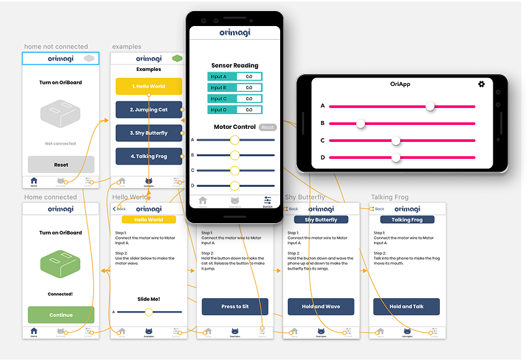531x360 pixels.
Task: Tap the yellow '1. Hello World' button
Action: pyautogui.click(x=149, y=87)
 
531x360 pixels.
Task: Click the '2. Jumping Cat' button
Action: pyautogui.click(x=149, y=110)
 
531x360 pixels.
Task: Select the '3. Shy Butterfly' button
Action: pyautogui.click(x=149, y=133)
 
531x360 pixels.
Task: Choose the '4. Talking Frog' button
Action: pyautogui.click(x=149, y=156)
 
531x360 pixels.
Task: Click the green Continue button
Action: pyautogui.click(x=61, y=315)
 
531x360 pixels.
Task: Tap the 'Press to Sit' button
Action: pyautogui.click(x=235, y=307)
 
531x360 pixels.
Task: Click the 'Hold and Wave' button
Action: pyautogui.click(x=321, y=307)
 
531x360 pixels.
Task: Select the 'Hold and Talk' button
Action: pyautogui.click(x=407, y=307)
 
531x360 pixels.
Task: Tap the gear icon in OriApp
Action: pyautogui.click(x=481, y=84)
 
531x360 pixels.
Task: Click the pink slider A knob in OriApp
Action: pyautogui.click(x=430, y=106)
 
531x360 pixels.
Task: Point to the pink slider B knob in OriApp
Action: pyautogui.click(x=361, y=123)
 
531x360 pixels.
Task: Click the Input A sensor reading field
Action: pyautogui.click(x=249, y=76)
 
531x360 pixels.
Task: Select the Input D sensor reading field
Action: pyautogui.click(x=249, y=110)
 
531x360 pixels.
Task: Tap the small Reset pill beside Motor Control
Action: pyautogui.click(x=267, y=128)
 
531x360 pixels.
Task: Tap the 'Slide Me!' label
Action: pyautogui.click(x=149, y=299)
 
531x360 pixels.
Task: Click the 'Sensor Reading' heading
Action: pyautogui.click(x=235, y=65)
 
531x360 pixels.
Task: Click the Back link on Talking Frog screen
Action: pyautogui.click(x=378, y=209)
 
